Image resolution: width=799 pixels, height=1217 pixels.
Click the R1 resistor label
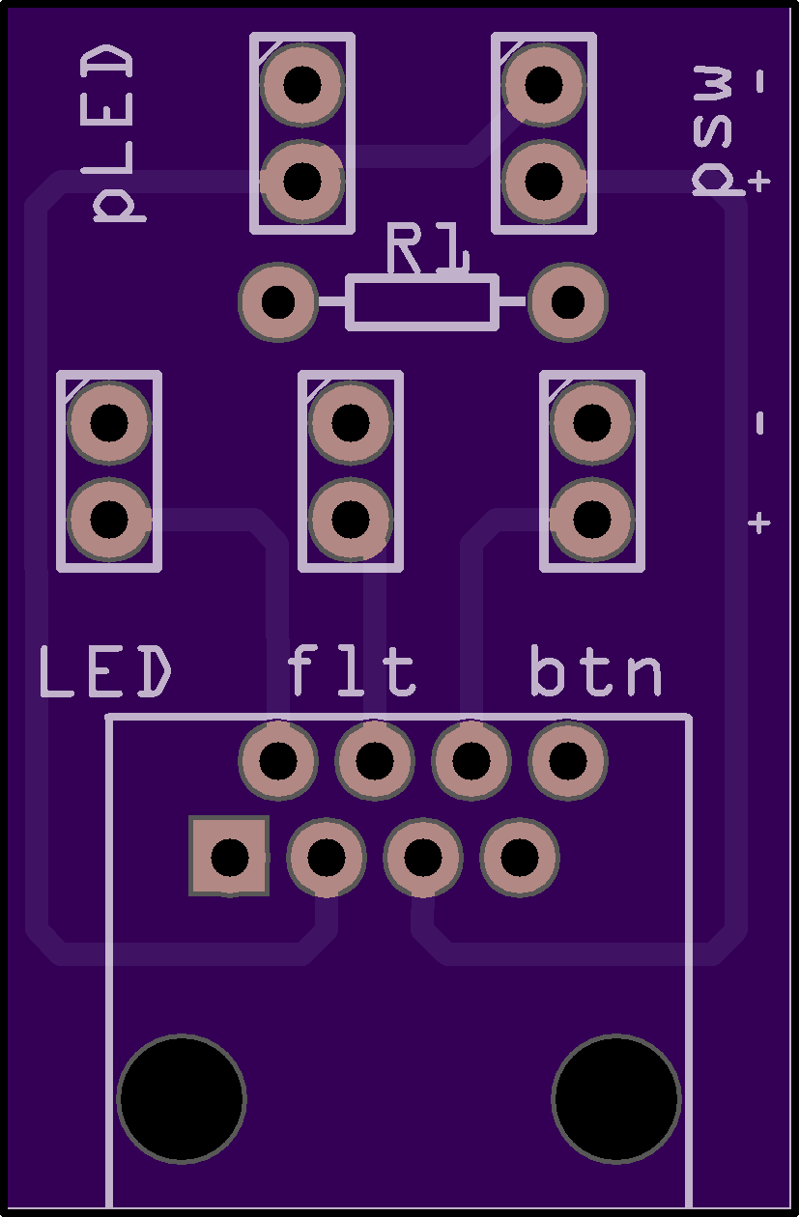click(427, 249)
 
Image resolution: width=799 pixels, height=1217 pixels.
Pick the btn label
click(597, 672)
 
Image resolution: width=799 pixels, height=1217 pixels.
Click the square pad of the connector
click(230, 856)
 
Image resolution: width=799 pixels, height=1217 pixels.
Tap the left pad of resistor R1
click(278, 301)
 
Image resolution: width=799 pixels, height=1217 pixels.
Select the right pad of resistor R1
click(568, 301)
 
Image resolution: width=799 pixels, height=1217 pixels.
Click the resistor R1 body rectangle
click(422, 301)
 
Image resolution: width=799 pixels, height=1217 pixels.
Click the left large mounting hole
click(182, 1098)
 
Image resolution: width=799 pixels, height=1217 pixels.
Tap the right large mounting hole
click(616, 1098)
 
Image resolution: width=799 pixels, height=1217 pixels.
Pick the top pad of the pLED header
click(302, 83)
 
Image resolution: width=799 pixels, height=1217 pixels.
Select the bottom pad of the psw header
click(544, 180)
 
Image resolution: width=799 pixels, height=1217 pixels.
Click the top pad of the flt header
click(351, 422)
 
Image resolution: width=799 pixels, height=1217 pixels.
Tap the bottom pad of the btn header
click(592, 520)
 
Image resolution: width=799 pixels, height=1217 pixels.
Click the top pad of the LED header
click(109, 422)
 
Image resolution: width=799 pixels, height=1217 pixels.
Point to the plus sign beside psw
click(759, 181)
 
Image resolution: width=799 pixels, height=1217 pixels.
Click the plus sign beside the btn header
click(759, 523)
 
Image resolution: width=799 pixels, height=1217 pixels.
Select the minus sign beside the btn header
click(759, 423)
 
